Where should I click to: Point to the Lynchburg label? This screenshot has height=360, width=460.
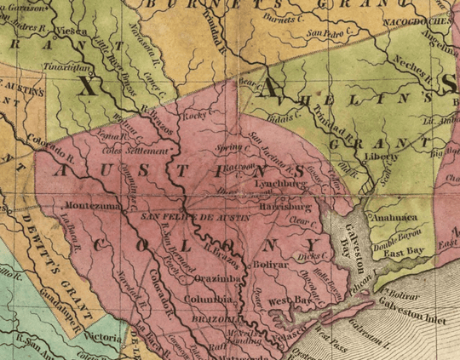coord(279,182)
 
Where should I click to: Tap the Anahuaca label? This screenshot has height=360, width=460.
coord(394,215)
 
